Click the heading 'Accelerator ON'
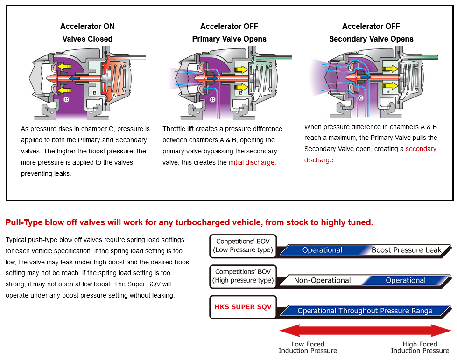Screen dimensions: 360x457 click(87, 26)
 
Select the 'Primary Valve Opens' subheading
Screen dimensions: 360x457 click(229, 39)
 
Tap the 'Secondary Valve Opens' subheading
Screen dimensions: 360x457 click(371, 39)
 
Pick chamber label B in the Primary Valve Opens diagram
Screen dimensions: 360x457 click(240, 92)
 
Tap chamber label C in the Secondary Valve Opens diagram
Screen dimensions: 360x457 click(360, 98)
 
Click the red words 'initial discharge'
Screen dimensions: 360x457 click(252, 162)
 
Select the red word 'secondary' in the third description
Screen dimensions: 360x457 click(421, 149)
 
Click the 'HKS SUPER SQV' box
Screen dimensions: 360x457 click(243, 307)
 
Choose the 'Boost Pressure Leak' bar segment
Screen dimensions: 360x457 click(406, 250)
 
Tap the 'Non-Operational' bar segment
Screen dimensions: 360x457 click(322, 280)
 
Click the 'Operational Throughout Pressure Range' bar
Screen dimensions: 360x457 click(365, 311)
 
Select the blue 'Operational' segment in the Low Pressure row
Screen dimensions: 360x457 click(322, 250)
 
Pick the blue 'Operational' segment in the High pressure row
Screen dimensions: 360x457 click(405, 280)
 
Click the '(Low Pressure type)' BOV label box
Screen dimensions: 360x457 click(243, 246)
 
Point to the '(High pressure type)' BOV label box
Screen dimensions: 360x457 click(243, 276)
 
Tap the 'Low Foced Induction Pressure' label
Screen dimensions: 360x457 click(308, 347)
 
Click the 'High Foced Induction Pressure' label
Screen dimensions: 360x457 click(420, 347)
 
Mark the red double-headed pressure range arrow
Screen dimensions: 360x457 click(365, 331)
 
